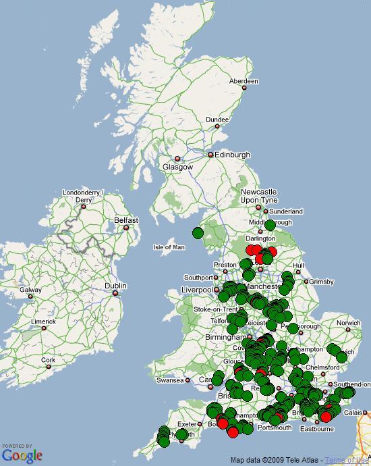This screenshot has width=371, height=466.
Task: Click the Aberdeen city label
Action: (244, 81)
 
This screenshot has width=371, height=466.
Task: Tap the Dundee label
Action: (217, 120)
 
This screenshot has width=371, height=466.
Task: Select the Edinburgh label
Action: (232, 155)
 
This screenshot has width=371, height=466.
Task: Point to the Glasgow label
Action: (177, 167)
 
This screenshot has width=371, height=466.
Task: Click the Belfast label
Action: (126, 220)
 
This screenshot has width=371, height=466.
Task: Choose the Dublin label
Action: (115, 286)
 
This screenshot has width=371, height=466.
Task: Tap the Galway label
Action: (30, 290)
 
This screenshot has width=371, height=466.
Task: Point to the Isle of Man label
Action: (169, 247)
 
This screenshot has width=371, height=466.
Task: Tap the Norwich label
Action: (349, 323)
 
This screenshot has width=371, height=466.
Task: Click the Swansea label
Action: (169, 380)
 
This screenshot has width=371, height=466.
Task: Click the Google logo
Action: (22, 455)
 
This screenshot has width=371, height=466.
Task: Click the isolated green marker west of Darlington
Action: (198, 233)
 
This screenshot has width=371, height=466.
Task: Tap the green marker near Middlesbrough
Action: (270, 225)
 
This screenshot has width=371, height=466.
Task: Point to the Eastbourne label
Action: (318, 429)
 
